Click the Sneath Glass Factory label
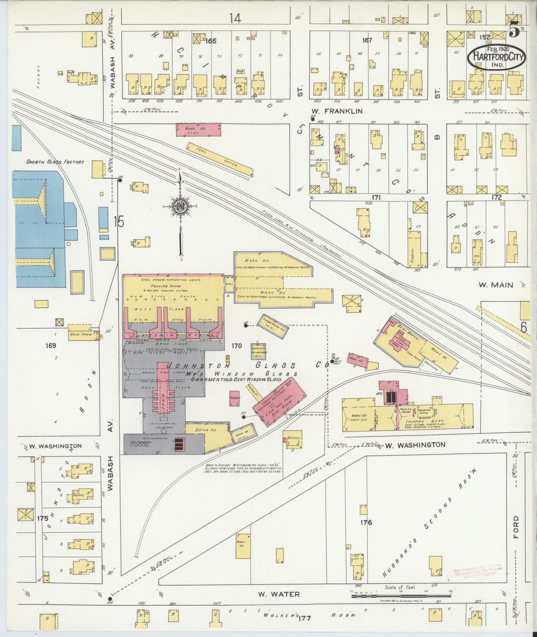[x=55, y=162]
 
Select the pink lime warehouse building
[x=198, y=130]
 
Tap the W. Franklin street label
[x=337, y=111]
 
